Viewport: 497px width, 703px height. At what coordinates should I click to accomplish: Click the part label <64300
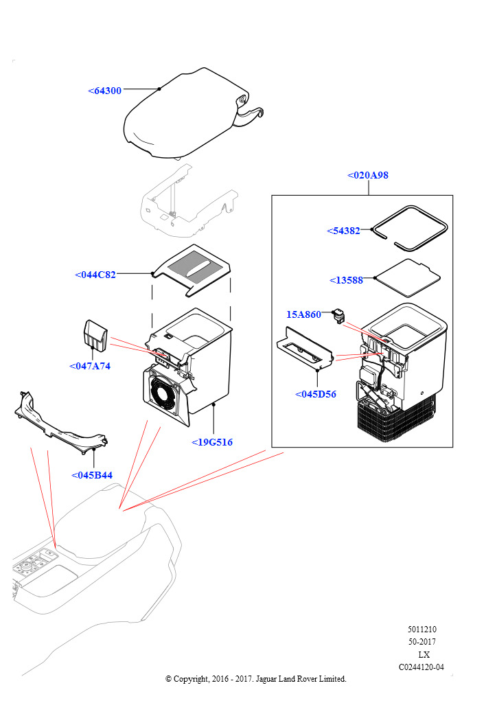coord(104,91)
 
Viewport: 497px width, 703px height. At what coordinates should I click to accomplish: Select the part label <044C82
coord(95,275)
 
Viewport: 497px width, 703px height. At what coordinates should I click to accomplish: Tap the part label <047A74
coord(89,366)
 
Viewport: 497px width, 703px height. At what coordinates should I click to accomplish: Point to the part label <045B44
coord(92,475)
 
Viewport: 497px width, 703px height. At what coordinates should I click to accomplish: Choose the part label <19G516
coord(212,442)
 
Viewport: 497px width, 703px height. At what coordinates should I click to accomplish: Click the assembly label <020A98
coord(368,175)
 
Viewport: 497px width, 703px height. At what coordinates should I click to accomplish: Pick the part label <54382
coord(343,231)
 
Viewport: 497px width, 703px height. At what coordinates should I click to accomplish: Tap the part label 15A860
coord(303,314)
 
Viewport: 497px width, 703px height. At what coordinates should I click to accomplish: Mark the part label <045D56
coord(315,394)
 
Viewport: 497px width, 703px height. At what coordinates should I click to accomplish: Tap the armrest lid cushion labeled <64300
coord(182,117)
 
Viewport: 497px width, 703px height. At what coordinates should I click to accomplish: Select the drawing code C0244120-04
coord(421,667)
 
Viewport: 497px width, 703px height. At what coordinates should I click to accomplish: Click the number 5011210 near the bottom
coord(421,629)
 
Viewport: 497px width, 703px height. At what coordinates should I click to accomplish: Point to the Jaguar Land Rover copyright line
coord(256,679)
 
